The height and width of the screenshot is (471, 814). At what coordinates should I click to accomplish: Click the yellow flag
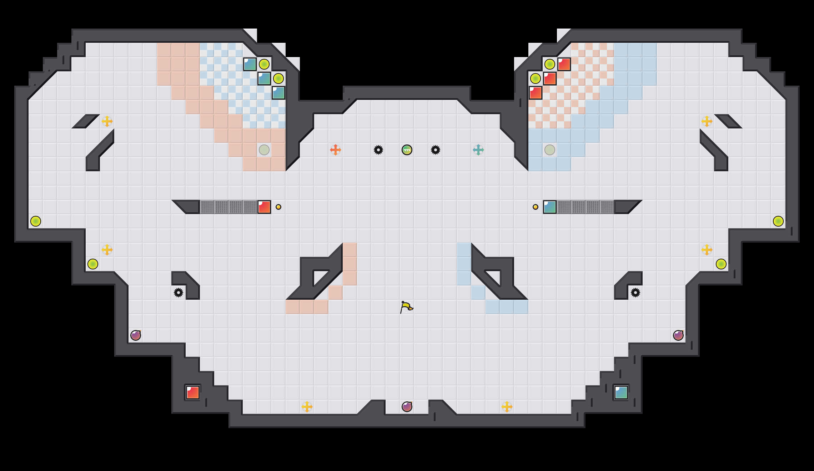click(x=406, y=307)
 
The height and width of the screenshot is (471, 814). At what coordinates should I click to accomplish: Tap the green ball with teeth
click(x=407, y=150)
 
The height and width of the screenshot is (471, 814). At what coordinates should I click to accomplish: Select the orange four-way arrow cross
click(x=336, y=150)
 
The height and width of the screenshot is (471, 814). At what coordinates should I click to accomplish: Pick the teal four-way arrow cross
click(x=478, y=150)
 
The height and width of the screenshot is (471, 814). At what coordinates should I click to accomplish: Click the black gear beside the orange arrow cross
click(x=378, y=150)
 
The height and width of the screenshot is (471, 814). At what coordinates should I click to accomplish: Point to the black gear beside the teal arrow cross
click(x=436, y=150)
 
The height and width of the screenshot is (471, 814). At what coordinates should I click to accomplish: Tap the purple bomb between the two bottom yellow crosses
click(x=407, y=407)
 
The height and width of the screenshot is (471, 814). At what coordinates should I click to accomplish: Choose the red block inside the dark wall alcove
click(x=193, y=392)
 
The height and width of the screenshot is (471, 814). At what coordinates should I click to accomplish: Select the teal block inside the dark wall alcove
click(x=621, y=392)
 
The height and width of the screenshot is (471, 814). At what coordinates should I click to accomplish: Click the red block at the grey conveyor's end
click(x=264, y=207)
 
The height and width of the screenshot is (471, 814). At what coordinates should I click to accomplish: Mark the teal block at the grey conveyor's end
click(x=550, y=207)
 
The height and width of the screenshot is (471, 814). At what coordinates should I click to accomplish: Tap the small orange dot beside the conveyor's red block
click(x=278, y=207)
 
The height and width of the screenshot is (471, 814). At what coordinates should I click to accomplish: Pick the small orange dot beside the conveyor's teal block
click(x=536, y=207)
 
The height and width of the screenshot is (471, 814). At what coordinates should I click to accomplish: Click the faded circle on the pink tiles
click(x=264, y=150)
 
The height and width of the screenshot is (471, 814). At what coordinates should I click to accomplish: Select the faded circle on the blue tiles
click(x=550, y=150)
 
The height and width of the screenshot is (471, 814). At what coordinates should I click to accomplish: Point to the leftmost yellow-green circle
click(x=36, y=221)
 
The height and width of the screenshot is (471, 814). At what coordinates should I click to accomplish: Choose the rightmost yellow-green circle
click(x=778, y=221)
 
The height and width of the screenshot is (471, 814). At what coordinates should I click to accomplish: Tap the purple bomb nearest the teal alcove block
click(x=678, y=335)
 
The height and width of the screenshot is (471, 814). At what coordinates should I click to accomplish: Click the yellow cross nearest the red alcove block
click(x=307, y=407)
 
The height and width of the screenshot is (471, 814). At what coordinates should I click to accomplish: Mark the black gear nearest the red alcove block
click(x=179, y=293)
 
